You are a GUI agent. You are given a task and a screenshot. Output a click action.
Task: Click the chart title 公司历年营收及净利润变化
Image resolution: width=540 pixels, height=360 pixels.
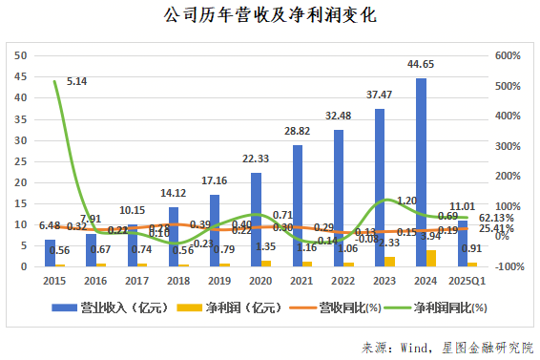(270, 17)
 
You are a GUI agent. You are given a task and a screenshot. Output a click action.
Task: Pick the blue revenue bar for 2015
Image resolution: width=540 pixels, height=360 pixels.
(51, 252)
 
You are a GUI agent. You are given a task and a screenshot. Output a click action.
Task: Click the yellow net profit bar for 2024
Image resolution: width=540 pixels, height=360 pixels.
(432, 258)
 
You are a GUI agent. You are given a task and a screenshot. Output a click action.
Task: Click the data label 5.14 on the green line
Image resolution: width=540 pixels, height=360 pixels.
(77, 82)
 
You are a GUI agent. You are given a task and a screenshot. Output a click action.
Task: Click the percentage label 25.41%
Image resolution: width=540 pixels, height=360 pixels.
(497, 229)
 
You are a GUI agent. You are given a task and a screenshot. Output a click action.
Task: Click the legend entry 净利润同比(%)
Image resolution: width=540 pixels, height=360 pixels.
(448, 307)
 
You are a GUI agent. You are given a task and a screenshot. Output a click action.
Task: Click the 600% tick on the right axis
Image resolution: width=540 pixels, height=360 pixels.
(510, 55)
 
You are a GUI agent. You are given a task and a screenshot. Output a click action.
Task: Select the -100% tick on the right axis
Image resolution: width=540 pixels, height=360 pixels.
(509, 266)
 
